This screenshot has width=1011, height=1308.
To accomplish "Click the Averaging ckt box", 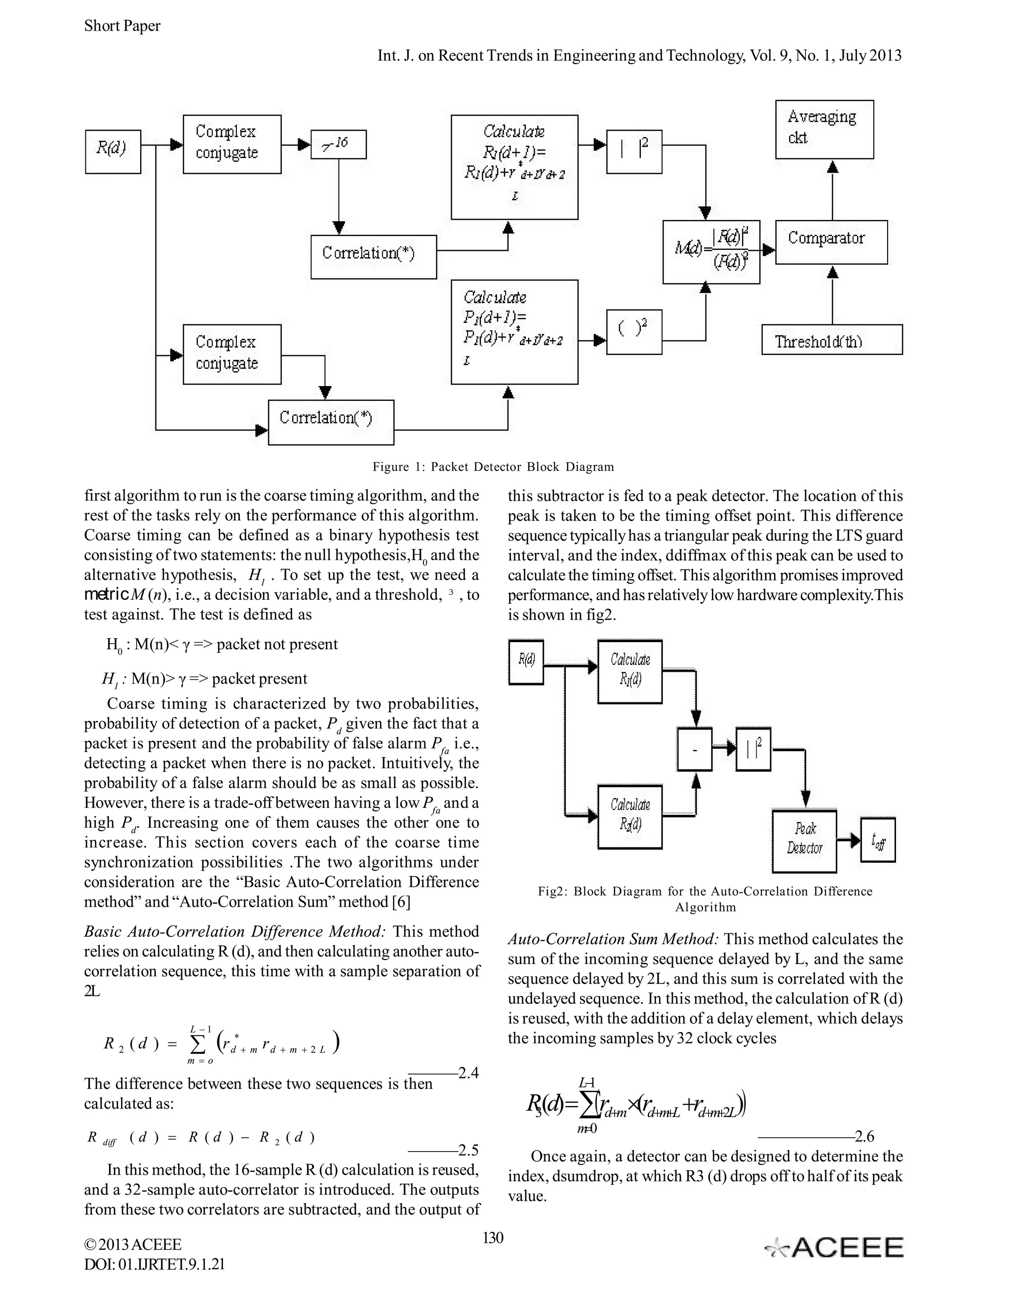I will [824, 129].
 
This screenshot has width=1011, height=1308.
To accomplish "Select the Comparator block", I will [831, 242].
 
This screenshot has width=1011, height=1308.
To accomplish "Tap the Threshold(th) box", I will [831, 340].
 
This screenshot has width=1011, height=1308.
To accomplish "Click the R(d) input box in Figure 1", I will [113, 152].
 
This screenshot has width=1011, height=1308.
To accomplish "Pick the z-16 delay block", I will [338, 144].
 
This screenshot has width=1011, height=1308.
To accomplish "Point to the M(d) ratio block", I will [711, 252].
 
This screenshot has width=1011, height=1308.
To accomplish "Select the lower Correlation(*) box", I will [331, 422].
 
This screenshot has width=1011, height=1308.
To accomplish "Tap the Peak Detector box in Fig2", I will [804, 841].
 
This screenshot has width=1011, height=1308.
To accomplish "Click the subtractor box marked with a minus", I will [694, 749].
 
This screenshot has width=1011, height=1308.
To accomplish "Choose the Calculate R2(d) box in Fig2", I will [630, 816].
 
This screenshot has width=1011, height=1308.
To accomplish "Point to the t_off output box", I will [877, 839].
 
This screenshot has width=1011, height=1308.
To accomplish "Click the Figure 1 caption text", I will [493, 466].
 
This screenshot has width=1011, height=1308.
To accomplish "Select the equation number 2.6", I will [864, 1136].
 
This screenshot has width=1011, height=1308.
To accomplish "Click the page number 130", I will [493, 1237].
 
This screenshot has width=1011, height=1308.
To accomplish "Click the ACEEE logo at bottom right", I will [834, 1247].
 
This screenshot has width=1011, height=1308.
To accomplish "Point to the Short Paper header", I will [122, 26].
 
